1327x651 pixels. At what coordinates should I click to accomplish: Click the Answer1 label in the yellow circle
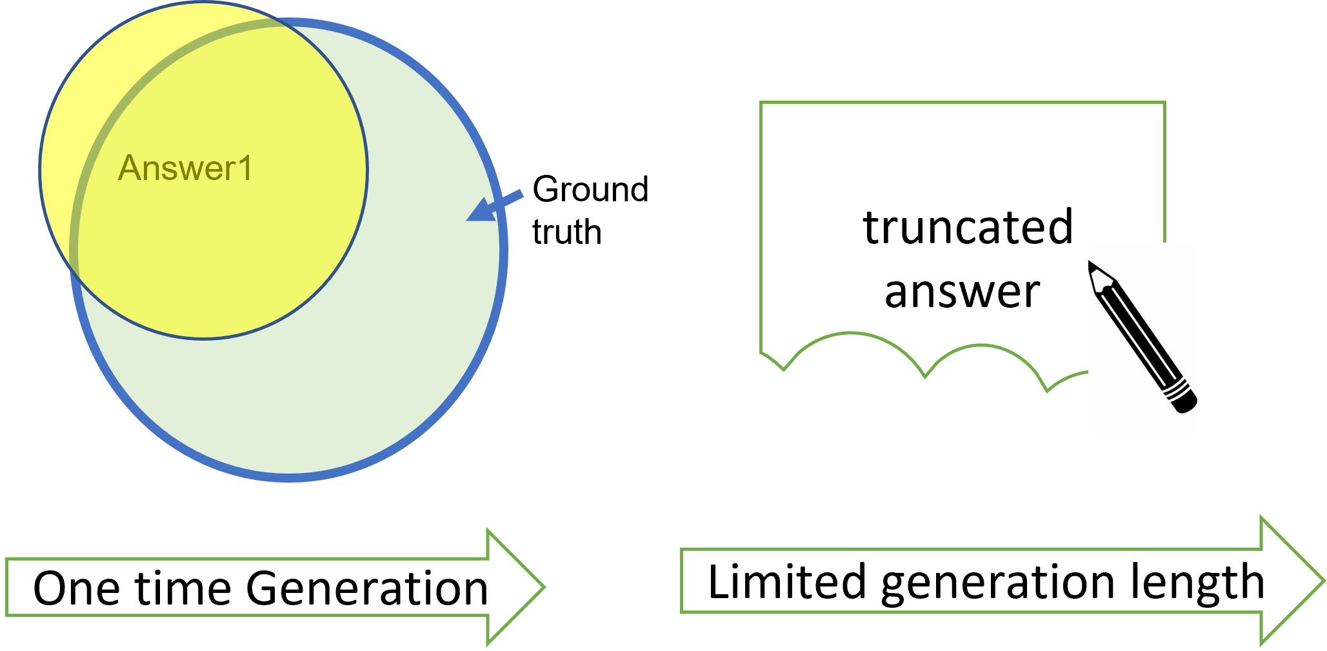(185, 168)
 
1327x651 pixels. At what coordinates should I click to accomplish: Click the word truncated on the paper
(968, 227)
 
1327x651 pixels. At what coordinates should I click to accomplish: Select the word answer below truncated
(962, 292)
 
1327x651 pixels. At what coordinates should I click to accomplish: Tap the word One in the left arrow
(76, 588)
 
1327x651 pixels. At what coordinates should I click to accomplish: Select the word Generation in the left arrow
(367, 588)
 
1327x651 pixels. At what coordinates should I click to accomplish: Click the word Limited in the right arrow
(786, 581)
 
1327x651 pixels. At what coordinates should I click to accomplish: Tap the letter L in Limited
(719, 581)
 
